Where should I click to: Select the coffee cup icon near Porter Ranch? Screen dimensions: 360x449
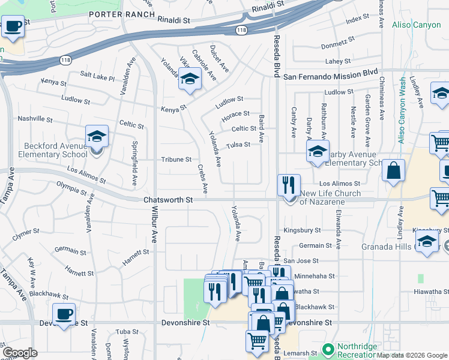pos(13,27)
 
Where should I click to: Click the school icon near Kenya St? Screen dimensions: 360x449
pos(190,80)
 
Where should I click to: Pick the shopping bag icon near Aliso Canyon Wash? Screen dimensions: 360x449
pos(393,171)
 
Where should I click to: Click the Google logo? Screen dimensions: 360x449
pos(20,353)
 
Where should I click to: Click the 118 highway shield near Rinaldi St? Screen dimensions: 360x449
pos(241,29)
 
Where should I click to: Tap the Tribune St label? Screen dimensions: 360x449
pos(176,160)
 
